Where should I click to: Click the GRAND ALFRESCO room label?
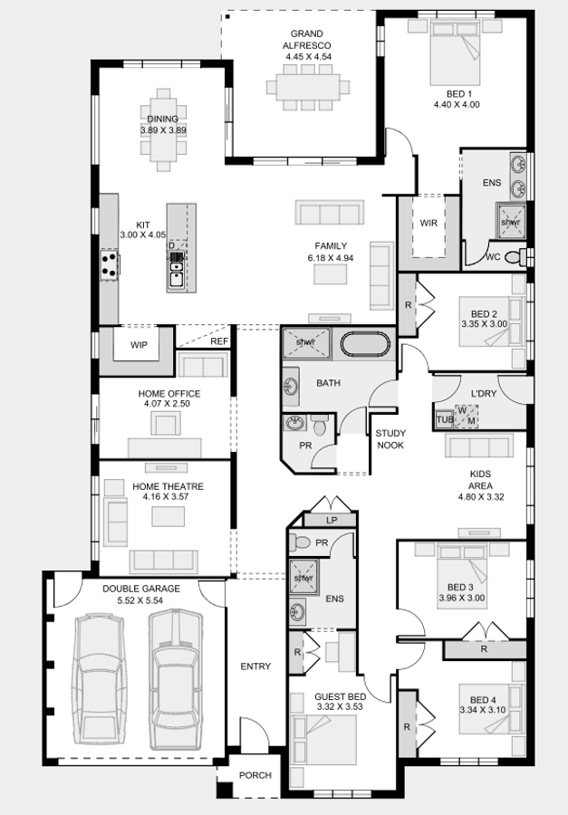pyautogui.click(x=307, y=40)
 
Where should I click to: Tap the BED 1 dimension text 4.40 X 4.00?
pyautogui.click(x=457, y=104)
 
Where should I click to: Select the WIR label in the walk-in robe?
pyautogui.click(x=428, y=223)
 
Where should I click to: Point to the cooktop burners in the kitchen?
pyautogui.click(x=110, y=264)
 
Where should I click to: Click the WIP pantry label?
pyautogui.click(x=139, y=345)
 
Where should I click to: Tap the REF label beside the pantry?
pyautogui.click(x=219, y=341)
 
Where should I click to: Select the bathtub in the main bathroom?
pyautogui.click(x=365, y=345)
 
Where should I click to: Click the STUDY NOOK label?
pyautogui.click(x=390, y=439)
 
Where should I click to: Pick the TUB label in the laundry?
pyautogui.click(x=445, y=419)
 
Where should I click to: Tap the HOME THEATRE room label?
pyautogui.click(x=168, y=486)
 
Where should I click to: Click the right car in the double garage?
pyautogui.click(x=175, y=679)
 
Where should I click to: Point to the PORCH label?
pyautogui.click(x=255, y=775)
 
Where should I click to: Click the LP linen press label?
pyautogui.click(x=332, y=521)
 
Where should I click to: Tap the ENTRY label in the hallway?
pyautogui.click(x=255, y=666)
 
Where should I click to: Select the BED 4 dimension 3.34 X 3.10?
pyautogui.click(x=483, y=710)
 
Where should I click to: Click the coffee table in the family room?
pyautogui.click(x=331, y=273)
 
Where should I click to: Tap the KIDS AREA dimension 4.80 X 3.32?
pyautogui.click(x=481, y=497)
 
